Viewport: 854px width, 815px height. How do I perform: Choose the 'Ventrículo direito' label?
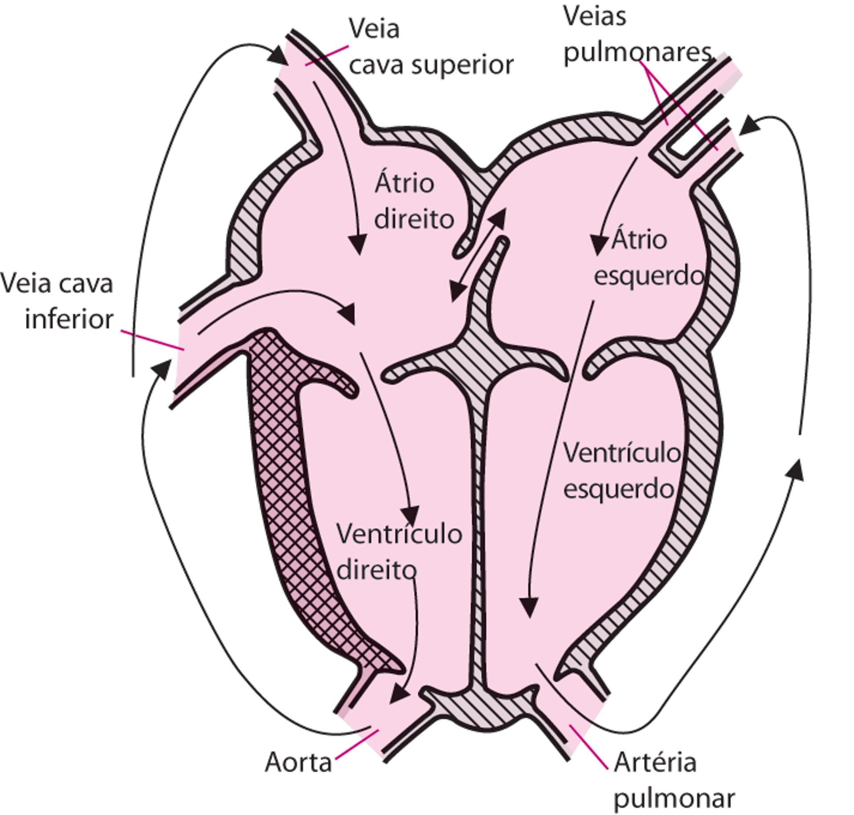[x=398, y=552]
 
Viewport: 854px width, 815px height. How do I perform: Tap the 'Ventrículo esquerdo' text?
[x=622, y=472]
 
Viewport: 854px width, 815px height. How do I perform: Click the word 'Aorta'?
[x=298, y=762]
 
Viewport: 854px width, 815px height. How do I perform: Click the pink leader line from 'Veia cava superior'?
[x=327, y=55]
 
